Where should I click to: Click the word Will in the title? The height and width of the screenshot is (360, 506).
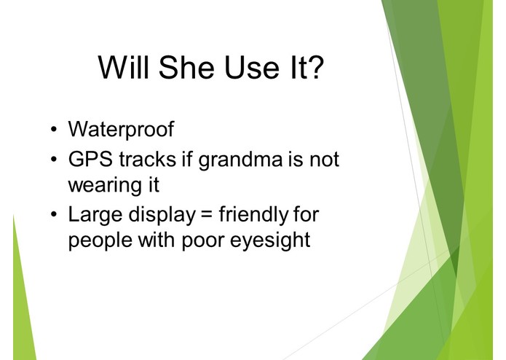click(x=124, y=67)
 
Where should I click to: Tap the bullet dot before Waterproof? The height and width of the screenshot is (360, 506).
click(x=54, y=130)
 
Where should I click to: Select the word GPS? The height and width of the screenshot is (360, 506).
click(x=91, y=159)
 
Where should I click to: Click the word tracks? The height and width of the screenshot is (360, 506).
click(x=148, y=159)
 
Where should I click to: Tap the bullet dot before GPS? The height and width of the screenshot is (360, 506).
click(x=54, y=159)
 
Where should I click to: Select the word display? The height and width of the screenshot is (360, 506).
click(x=162, y=215)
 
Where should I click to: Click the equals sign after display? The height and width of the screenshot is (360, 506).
click(x=207, y=214)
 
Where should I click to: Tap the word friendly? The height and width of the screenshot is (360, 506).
click(x=253, y=215)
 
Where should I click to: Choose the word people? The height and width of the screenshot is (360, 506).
click(x=100, y=241)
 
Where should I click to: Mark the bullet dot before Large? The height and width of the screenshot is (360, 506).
click(x=54, y=214)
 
